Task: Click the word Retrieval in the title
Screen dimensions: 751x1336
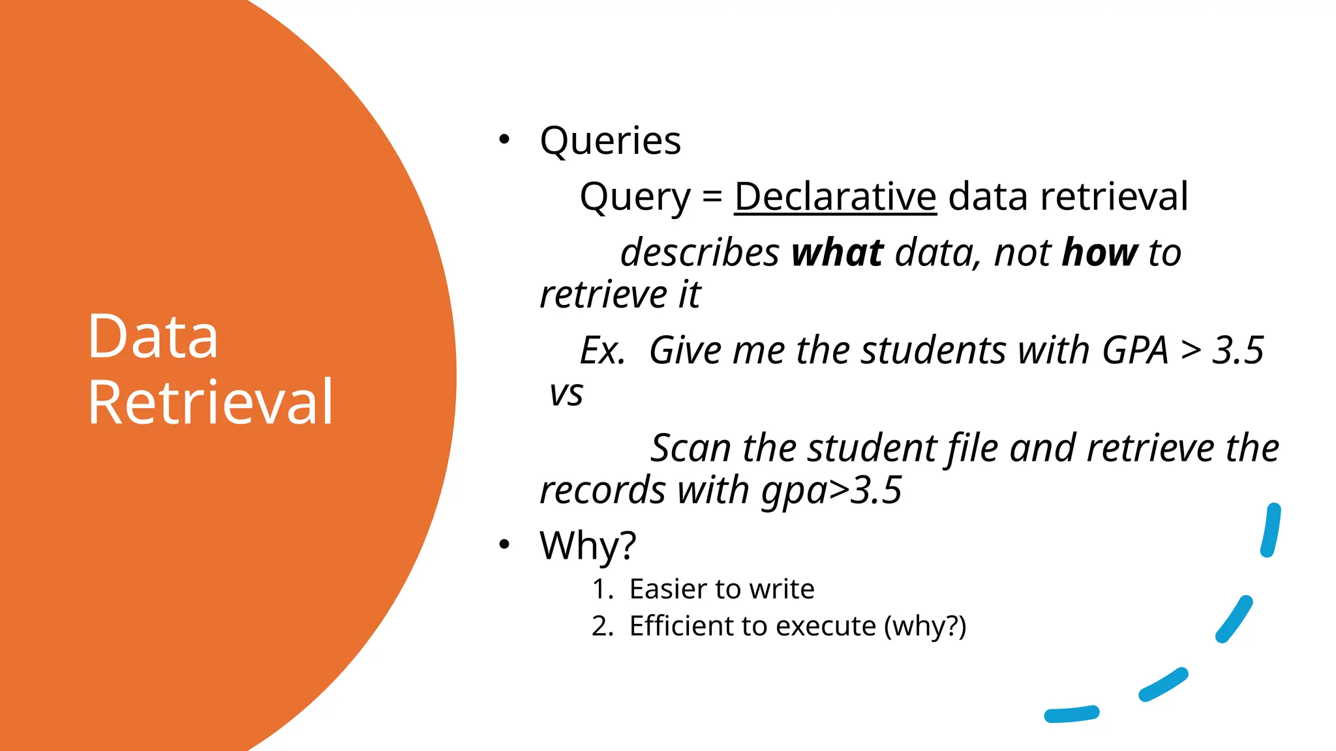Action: pos(211,402)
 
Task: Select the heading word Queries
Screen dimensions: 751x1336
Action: pos(610,141)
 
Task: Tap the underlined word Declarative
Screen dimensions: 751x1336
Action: pos(835,196)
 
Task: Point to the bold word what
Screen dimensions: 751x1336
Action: pos(837,253)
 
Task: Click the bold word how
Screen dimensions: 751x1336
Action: pos(1100,253)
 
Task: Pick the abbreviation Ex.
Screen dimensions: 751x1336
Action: pos(602,351)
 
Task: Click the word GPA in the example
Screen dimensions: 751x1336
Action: pos(1134,351)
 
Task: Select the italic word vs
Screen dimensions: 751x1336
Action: pos(566,393)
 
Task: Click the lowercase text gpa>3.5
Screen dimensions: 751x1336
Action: pos(832,490)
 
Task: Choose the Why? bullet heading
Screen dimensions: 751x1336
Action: pos(587,545)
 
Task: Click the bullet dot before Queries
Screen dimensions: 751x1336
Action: pos(504,140)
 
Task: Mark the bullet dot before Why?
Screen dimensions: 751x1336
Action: pos(504,544)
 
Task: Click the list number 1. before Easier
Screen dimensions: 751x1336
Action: pos(602,589)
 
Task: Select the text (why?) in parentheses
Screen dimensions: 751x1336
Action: pos(924,626)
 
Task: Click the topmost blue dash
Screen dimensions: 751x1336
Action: pos(1271,530)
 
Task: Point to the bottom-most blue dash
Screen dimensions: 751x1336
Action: pos(1071,714)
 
